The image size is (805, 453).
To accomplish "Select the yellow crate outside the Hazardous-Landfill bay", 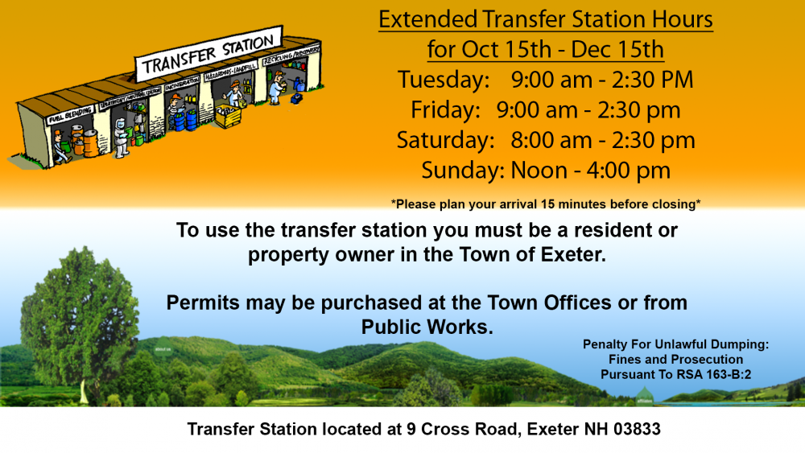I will [227, 117].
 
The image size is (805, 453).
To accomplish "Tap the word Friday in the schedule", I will [445, 109].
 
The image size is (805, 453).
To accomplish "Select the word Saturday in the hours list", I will [445, 140].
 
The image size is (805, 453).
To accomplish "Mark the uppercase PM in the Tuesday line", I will [674, 80].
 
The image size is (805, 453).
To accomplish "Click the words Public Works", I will [427, 327].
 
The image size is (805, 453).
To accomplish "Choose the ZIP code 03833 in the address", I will [635, 430].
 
